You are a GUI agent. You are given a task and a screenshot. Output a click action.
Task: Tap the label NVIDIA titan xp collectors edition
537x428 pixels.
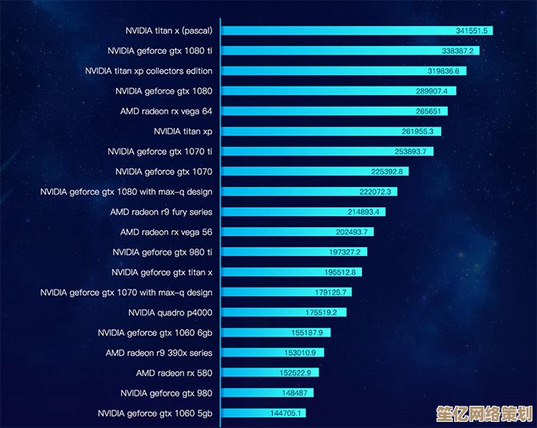click(x=149, y=71)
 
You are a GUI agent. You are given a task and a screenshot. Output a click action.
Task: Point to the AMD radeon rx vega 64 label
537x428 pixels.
click(x=166, y=111)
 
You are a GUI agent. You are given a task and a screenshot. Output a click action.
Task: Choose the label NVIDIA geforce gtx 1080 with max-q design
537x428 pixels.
click(x=127, y=192)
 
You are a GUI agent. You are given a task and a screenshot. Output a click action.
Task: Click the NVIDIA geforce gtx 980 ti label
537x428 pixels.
click(x=163, y=252)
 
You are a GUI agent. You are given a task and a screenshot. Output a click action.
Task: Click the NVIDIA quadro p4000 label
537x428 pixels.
click(x=170, y=312)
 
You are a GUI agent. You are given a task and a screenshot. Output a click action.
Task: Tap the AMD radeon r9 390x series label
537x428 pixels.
click(x=159, y=353)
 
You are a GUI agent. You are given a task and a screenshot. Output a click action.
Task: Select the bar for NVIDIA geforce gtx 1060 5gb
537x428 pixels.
click(x=253, y=413)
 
